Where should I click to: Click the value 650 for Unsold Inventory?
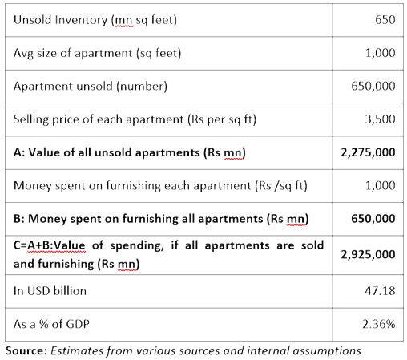click(385, 20)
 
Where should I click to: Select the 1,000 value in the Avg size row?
click(380, 53)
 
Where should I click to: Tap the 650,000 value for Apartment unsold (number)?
click(373, 86)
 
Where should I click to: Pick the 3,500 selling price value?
click(380, 119)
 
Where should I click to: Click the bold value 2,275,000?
click(368, 152)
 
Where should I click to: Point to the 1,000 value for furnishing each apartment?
click(380, 185)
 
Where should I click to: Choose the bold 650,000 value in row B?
click(373, 219)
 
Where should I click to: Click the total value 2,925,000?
click(368, 255)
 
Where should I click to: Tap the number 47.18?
click(380, 291)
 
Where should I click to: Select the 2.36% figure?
click(379, 324)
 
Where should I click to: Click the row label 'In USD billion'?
click(50, 291)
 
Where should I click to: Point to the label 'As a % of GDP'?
click(51, 324)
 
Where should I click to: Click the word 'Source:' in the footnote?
click(26, 350)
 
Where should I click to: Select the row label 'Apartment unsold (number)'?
click(91, 87)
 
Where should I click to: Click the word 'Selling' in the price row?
click(31, 119)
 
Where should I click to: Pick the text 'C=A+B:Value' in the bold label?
click(50, 245)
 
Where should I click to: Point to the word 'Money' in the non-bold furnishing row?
click(33, 186)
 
